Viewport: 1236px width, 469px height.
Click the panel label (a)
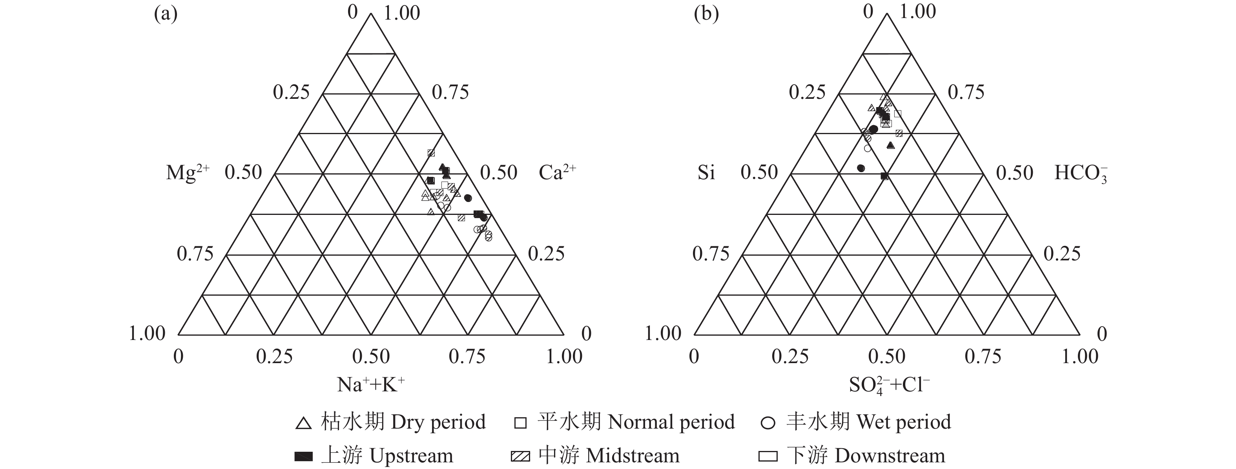[x=166, y=15]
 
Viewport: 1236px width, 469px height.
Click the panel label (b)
[x=706, y=15]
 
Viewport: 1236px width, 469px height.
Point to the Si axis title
[x=706, y=173]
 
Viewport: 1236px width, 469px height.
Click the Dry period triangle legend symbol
[x=303, y=423]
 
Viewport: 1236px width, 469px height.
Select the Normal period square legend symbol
[x=520, y=423]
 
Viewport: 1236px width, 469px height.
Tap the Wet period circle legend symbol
[x=768, y=423]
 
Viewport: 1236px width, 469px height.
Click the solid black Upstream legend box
[x=303, y=456]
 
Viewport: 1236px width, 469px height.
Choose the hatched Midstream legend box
[x=520, y=456]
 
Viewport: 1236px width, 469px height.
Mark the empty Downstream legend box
[x=768, y=456]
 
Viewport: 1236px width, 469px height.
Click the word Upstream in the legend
[x=411, y=456]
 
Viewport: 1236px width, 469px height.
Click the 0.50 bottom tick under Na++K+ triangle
[x=371, y=356]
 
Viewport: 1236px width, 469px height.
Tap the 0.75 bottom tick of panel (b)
[x=983, y=356]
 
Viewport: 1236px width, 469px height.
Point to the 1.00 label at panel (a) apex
[x=402, y=13]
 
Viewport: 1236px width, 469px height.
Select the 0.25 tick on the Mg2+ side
[x=291, y=92]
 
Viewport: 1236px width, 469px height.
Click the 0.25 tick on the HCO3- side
[x=1062, y=254]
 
